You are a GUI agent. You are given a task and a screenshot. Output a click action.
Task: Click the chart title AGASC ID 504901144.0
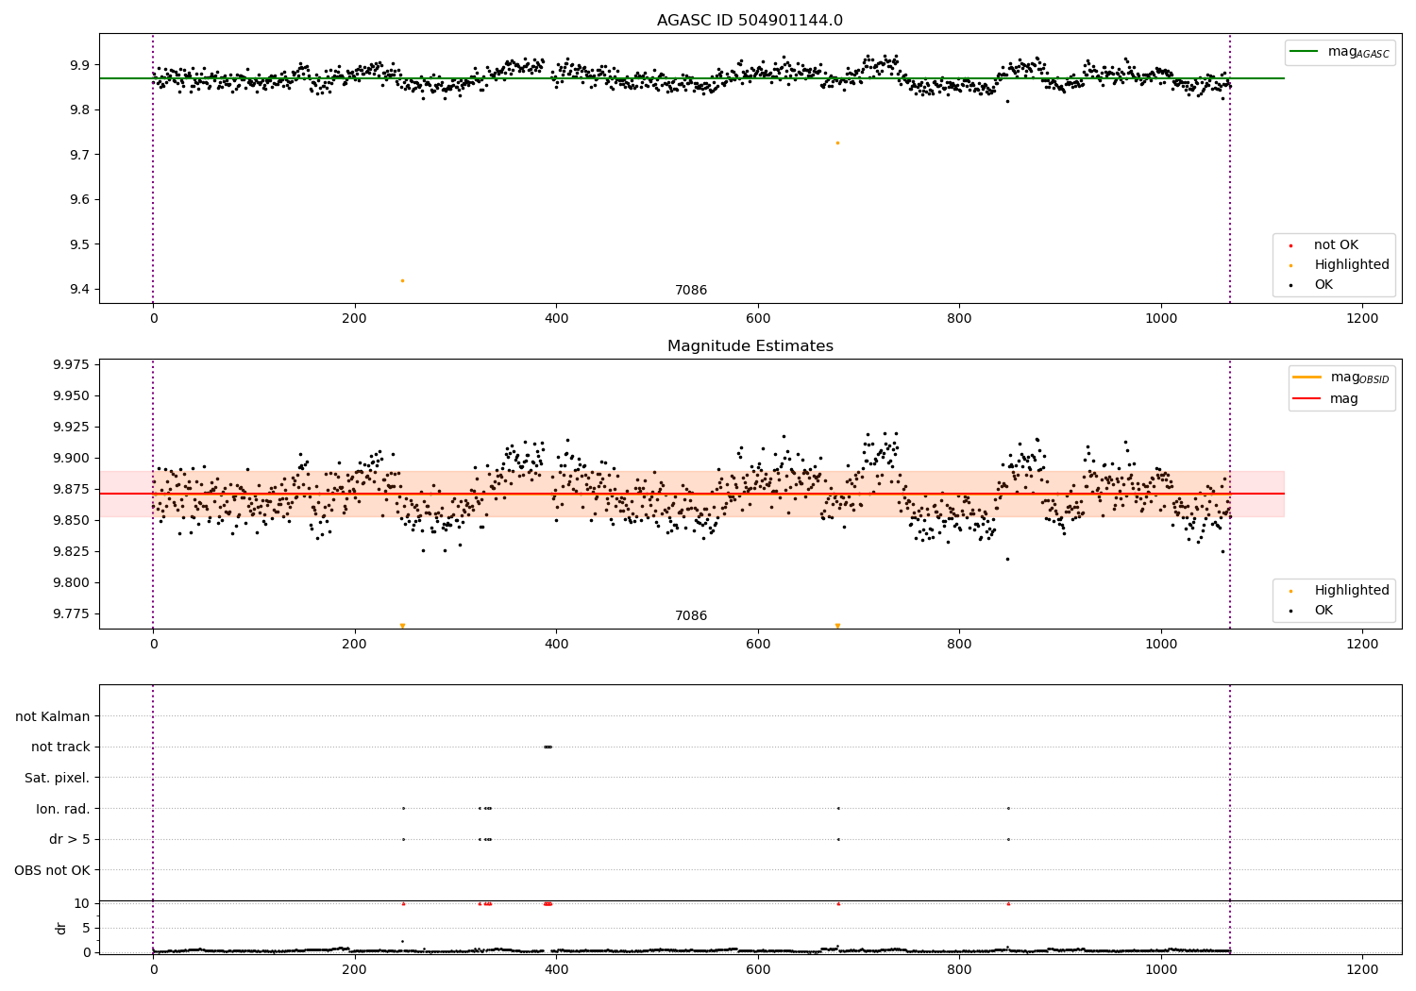[x=750, y=21]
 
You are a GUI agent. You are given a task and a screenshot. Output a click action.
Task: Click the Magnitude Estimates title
[x=750, y=346]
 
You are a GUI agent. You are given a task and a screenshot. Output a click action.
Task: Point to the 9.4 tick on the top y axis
[x=79, y=290]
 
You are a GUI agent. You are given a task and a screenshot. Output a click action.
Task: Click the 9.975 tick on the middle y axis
[x=70, y=364]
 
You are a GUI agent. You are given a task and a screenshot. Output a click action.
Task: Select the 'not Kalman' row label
[x=53, y=716]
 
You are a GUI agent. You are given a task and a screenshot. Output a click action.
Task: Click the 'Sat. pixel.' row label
[x=57, y=778]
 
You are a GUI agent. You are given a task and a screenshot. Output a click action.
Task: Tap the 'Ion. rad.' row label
[x=63, y=809]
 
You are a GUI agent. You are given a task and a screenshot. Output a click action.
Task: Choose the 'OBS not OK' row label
[x=52, y=870]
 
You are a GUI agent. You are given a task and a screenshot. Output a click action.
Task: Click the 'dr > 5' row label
[x=69, y=839]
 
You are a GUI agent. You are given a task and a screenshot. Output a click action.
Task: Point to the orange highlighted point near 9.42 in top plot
[x=402, y=280]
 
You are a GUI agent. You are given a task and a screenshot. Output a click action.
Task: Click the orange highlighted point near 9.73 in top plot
[x=837, y=143]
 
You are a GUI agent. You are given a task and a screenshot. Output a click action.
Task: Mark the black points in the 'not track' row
[x=548, y=747]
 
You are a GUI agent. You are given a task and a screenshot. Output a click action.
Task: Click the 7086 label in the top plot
[x=690, y=291]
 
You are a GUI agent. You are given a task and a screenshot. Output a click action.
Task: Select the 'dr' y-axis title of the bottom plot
[x=61, y=928]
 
